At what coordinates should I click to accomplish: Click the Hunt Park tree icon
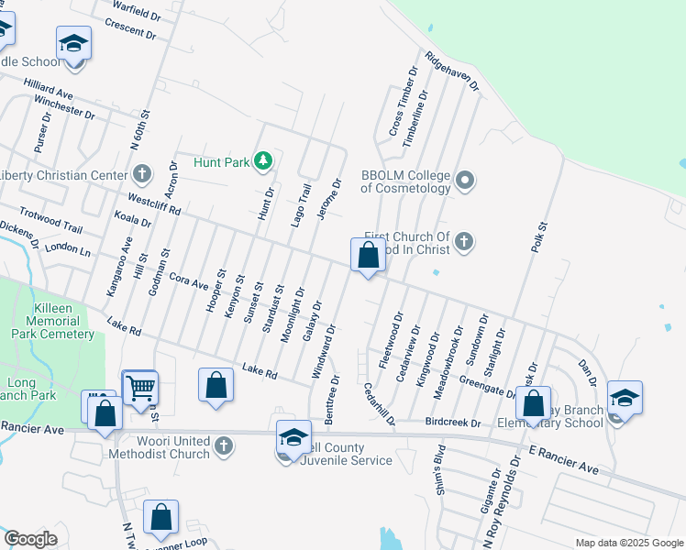(x=264, y=162)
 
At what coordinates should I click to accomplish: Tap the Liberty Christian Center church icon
(x=141, y=173)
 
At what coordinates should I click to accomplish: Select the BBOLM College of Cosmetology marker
(x=465, y=180)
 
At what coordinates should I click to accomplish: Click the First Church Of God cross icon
(x=464, y=242)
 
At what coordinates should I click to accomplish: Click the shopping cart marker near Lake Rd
(x=139, y=388)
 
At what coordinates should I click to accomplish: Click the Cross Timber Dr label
(x=403, y=102)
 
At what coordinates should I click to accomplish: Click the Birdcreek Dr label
(x=452, y=423)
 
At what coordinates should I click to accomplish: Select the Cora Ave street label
(x=189, y=279)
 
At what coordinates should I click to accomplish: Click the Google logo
(x=30, y=539)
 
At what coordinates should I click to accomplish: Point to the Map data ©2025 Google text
(x=628, y=543)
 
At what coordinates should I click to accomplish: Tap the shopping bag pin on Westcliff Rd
(x=368, y=258)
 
